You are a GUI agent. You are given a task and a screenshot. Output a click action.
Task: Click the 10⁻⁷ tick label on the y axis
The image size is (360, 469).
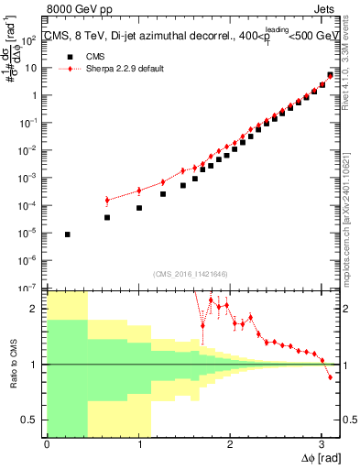(28, 288)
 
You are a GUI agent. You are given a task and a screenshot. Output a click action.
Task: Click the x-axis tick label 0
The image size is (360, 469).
(47, 444)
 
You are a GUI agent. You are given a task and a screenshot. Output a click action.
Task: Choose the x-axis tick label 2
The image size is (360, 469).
(230, 444)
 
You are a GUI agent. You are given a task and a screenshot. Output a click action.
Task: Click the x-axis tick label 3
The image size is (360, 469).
(322, 444)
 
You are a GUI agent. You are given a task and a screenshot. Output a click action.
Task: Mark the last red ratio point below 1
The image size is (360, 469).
(330, 376)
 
